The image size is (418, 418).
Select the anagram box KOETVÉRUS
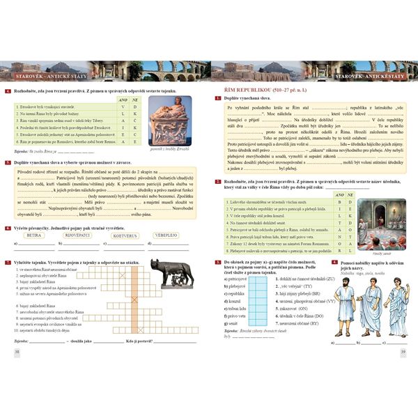tap(120, 235)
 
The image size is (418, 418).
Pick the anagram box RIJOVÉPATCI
tap(77, 235)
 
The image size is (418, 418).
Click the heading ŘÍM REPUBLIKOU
tap(257, 91)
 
